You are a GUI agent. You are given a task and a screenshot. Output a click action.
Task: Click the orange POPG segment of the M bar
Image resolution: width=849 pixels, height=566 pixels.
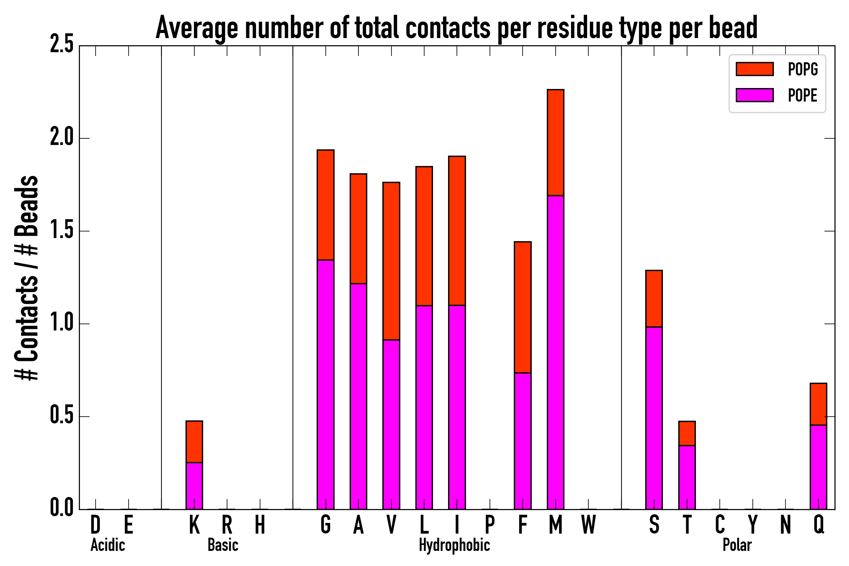(x=555, y=142)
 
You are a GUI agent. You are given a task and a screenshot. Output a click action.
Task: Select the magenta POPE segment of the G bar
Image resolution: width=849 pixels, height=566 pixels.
(x=325, y=385)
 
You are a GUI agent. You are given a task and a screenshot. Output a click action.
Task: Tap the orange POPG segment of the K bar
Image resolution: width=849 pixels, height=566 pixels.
(x=194, y=441)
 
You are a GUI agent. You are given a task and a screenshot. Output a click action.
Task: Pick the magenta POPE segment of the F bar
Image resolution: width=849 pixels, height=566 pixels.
(x=522, y=441)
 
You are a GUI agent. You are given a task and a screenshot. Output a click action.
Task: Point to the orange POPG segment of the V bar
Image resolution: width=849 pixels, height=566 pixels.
(x=391, y=261)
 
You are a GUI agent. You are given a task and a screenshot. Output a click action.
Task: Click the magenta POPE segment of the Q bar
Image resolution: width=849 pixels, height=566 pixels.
(x=818, y=467)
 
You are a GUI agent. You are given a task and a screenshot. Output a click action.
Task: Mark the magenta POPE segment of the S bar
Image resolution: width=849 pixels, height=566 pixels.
(x=654, y=418)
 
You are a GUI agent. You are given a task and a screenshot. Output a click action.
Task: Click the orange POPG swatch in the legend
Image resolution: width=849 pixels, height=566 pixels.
(x=754, y=69)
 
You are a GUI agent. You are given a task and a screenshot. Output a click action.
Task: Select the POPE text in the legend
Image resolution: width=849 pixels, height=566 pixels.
(x=802, y=95)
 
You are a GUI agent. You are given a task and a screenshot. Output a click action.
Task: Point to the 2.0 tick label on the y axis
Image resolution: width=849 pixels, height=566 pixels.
(x=61, y=138)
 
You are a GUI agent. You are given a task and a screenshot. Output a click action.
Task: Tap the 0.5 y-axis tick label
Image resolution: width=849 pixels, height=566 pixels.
(x=61, y=416)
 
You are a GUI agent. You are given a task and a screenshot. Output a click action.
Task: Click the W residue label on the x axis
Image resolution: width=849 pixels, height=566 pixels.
(x=588, y=524)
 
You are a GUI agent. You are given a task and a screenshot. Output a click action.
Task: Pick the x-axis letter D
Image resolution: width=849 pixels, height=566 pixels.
(x=95, y=524)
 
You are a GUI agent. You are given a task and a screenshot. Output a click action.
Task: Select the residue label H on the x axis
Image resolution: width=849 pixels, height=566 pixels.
(x=260, y=524)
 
